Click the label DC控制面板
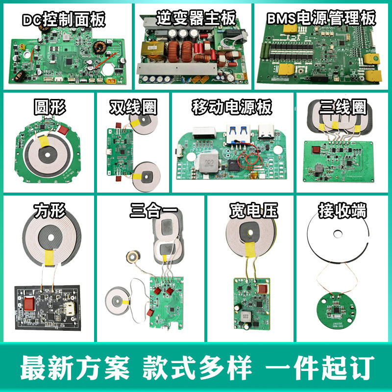(64, 20)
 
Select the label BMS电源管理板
(322, 19)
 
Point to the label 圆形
(50, 106)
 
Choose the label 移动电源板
(231, 107)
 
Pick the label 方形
(49, 211)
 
